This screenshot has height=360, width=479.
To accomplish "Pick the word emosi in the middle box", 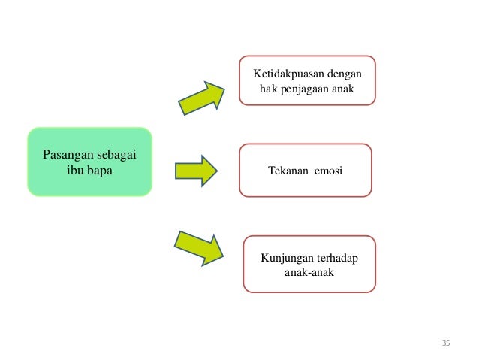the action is tap(328, 171).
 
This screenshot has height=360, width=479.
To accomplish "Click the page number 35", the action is tap(445, 343).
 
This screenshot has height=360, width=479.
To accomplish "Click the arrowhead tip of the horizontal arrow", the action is tap(216, 170).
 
